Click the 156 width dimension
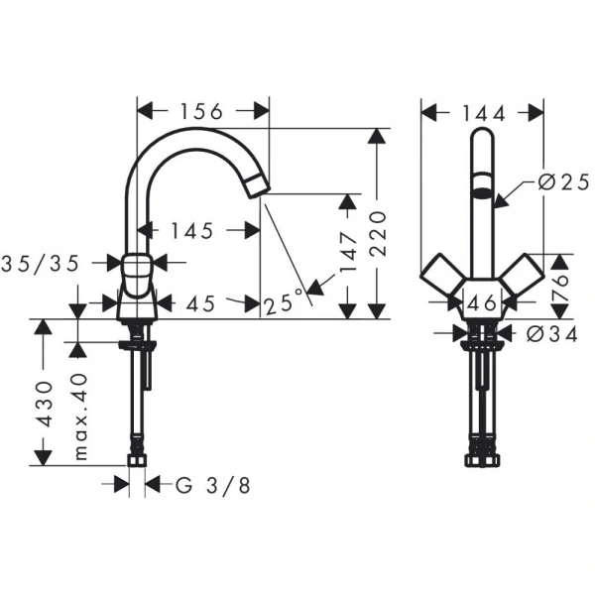200,111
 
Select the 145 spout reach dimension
192,231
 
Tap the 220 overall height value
378,233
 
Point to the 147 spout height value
349,251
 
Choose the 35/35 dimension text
41,263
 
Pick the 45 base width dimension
201,303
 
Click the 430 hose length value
45,405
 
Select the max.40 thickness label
80,416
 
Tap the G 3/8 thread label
213,485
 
